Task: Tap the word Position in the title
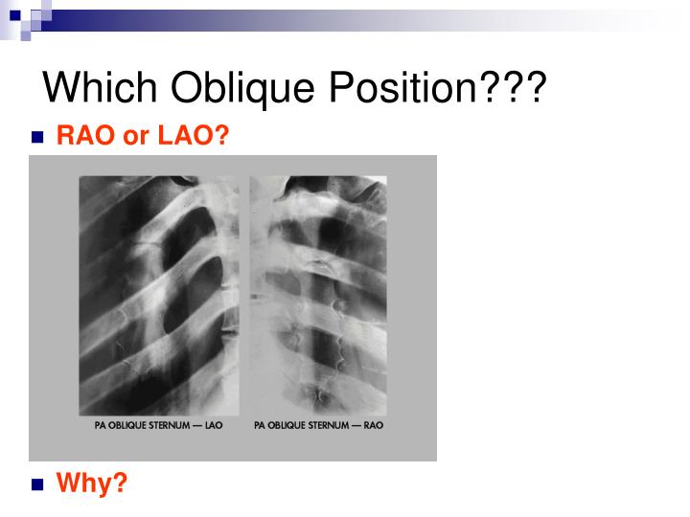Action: [403, 89]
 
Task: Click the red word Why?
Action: [92, 483]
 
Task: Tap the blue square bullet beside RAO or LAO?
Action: [38, 138]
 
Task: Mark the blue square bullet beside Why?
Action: [38, 484]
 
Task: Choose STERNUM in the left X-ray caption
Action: [172, 425]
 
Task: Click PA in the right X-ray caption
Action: [260, 425]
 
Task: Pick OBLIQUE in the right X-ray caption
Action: [289, 425]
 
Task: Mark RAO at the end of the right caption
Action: [374, 425]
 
